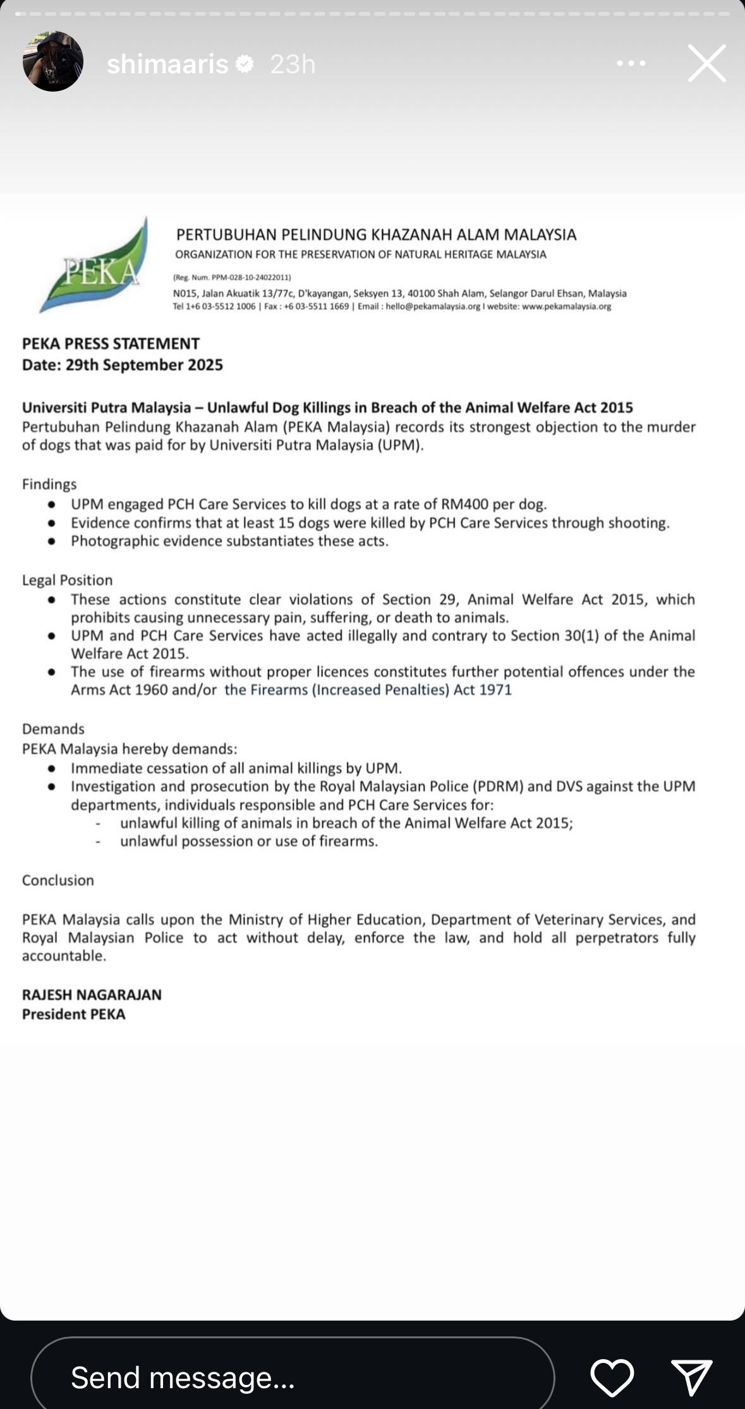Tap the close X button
(x=706, y=63)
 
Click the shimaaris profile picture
(x=53, y=62)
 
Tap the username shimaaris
(x=167, y=64)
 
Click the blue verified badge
(x=245, y=64)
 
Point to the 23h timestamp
(x=293, y=64)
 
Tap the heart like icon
(x=612, y=1377)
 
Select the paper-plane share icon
(x=692, y=1377)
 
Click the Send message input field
(x=292, y=1377)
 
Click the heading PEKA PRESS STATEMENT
(x=111, y=344)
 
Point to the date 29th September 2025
(x=144, y=365)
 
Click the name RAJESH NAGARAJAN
(x=92, y=995)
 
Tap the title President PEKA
(x=73, y=1014)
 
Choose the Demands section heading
(x=53, y=729)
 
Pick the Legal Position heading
(x=67, y=580)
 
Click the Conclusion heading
(x=58, y=880)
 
